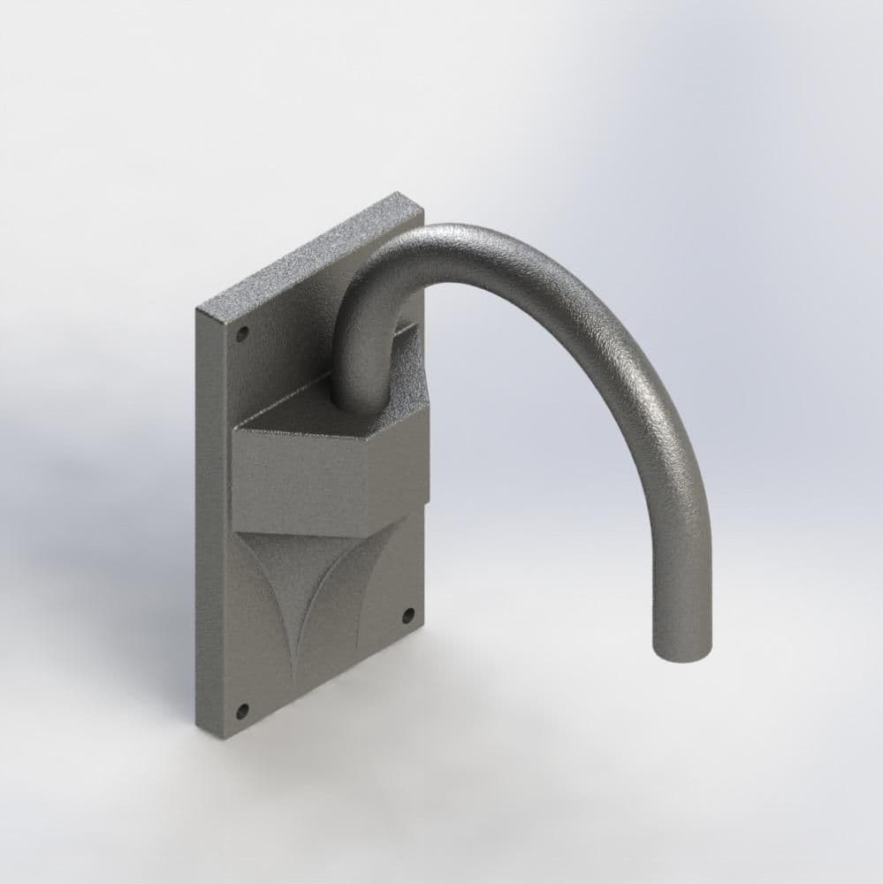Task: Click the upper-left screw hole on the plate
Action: click(242, 334)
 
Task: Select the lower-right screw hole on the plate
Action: click(407, 614)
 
